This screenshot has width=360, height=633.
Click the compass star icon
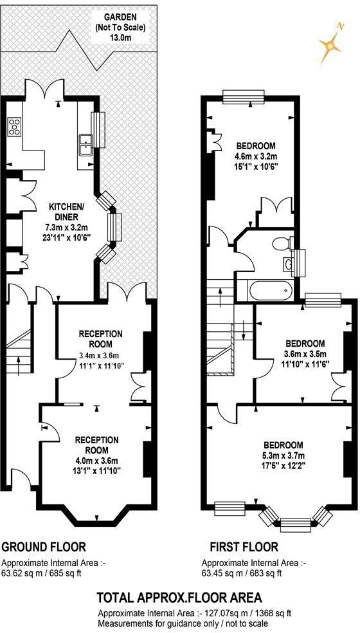tap(330, 45)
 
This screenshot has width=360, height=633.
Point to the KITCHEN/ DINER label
tap(67, 212)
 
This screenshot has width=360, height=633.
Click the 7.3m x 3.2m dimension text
tap(67, 227)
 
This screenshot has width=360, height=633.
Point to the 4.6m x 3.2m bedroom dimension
tap(256, 156)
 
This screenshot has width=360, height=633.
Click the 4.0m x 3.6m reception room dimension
tap(97, 461)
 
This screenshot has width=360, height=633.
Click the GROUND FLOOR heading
tap(44, 547)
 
